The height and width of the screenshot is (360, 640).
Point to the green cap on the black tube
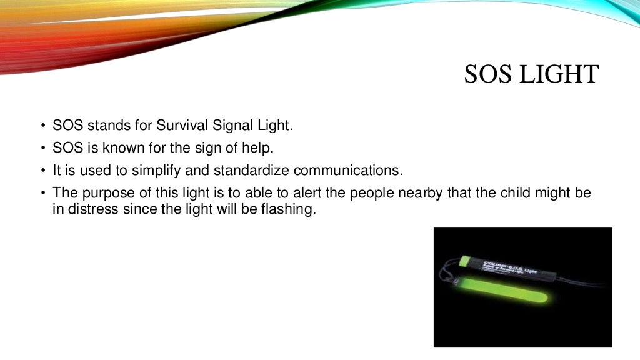click(x=466, y=260)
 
